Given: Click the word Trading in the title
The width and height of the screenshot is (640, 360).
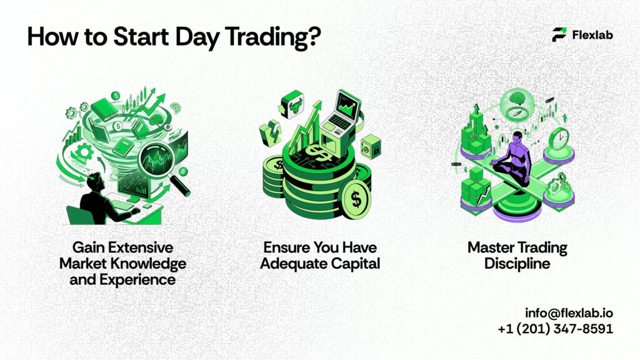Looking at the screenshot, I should [262, 37].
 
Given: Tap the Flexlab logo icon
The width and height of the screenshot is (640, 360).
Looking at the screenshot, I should [559, 35].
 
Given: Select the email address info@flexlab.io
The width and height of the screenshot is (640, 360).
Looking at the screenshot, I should [569, 312].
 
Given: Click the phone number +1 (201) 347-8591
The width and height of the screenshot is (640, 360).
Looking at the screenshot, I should [556, 328].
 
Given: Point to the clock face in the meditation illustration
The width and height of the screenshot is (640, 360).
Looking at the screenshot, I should [561, 138].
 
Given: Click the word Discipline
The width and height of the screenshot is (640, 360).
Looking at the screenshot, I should [509, 263].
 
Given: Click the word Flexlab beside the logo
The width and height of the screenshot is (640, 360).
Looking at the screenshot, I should [592, 35].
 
